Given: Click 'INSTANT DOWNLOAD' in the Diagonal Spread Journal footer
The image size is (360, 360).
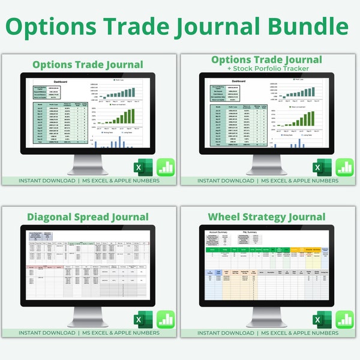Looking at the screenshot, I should point(47,332).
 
